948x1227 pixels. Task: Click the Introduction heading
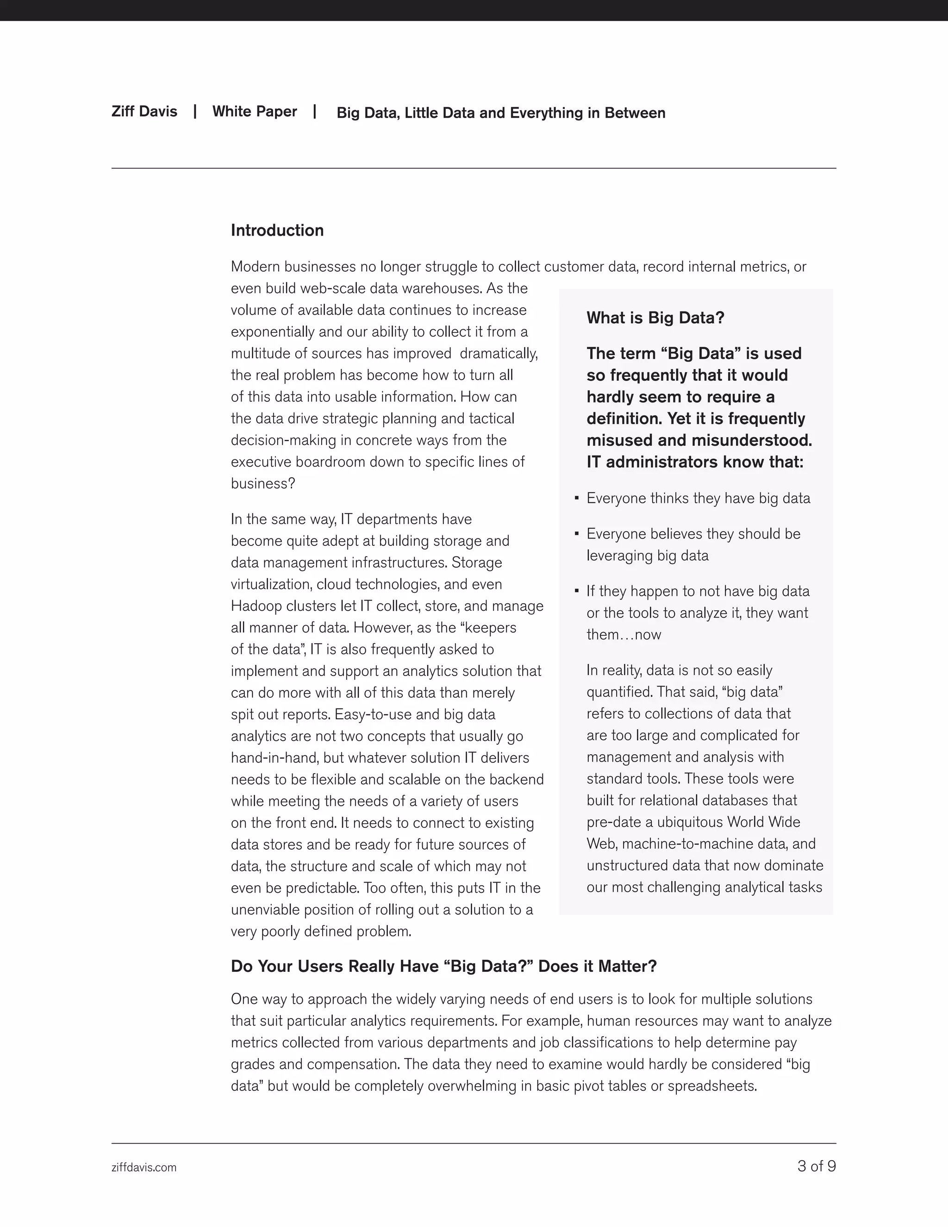point(277,230)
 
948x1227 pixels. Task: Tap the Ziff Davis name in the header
point(144,111)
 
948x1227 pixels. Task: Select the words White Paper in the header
point(255,111)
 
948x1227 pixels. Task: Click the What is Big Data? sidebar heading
point(655,318)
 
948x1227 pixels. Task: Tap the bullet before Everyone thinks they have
point(577,498)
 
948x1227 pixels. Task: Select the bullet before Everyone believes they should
point(577,534)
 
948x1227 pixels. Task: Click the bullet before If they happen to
point(577,591)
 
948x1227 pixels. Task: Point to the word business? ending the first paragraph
point(263,484)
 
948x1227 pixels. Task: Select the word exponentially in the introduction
point(273,332)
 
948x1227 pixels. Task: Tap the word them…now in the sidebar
point(624,635)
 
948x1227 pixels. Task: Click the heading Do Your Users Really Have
point(443,966)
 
